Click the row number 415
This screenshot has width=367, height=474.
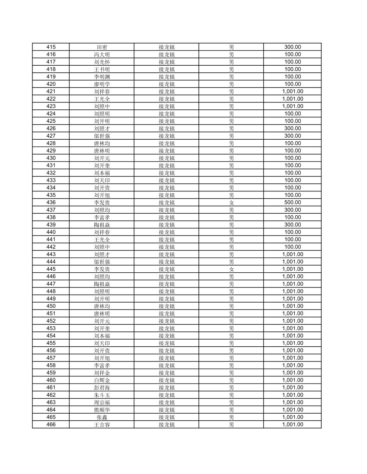coord(51,47)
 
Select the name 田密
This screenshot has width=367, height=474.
coord(102,47)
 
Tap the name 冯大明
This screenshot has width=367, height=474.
coord(102,54)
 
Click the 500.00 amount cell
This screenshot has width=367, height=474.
coord(292,202)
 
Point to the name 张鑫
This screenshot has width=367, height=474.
coord(102,417)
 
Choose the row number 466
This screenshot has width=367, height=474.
coord(51,425)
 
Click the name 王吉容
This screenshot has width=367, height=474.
coord(102,425)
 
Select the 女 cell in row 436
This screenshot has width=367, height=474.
coord(231,202)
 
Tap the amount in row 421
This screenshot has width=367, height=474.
coord(292,92)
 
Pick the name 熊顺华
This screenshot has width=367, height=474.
coord(102,410)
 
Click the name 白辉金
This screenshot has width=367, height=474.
coord(102,380)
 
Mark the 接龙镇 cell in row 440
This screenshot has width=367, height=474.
coord(166,232)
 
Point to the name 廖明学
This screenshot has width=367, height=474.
coord(102,84)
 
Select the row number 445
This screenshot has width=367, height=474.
coord(51,269)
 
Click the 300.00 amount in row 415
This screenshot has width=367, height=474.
coord(292,47)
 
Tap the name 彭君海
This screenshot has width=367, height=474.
coord(102,388)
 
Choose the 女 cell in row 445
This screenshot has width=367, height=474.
coord(231,269)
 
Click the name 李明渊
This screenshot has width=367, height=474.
coord(102,77)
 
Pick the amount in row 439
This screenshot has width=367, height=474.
coord(292,225)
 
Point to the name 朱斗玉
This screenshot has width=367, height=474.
coord(102,395)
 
